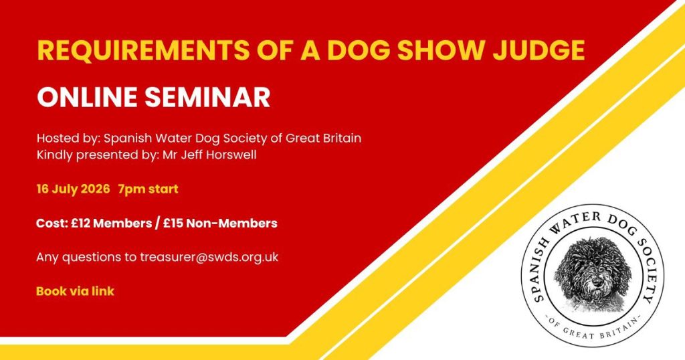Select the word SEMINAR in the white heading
coord(207,97)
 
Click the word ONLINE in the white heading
coord(88,97)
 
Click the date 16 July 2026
coord(74,189)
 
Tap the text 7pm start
coord(148,189)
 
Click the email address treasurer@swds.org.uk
coord(209,257)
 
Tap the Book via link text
coord(75,291)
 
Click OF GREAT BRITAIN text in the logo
coord(593,331)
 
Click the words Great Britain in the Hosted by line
coord(323,139)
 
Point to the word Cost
coord(51,223)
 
